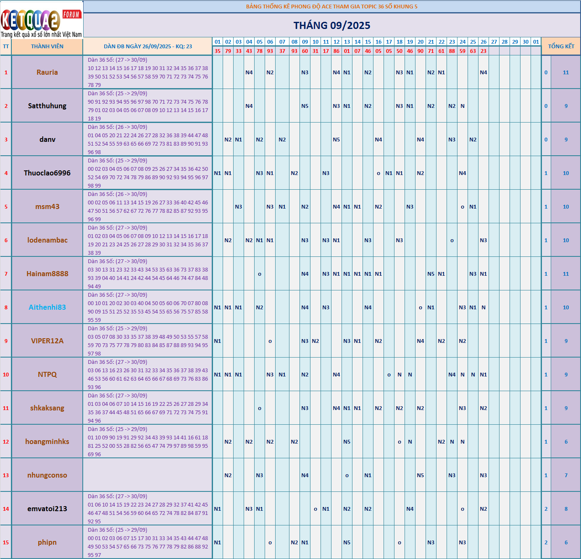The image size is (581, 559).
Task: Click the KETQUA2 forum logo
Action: click(x=41, y=19)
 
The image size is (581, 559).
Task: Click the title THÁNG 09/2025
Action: click(x=332, y=26)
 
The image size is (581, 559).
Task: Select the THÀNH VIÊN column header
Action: click(x=47, y=47)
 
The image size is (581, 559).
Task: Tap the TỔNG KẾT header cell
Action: click(x=561, y=47)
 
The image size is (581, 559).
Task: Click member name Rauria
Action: click(x=47, y=72)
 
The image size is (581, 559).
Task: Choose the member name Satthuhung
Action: click(x=47, y=106)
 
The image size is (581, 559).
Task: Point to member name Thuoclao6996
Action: click(x=47, y=173)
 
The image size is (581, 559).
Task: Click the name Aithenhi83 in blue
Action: click(x=47, y=307)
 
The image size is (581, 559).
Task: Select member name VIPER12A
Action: click(x=47, y=341)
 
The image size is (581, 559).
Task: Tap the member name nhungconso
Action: click(x=47, y=475)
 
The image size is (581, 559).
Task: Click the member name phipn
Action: click(x=47, y=542)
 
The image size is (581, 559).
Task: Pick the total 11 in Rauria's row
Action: click(x=566, y=73)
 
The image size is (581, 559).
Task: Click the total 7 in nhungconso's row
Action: click(x=566, y=475)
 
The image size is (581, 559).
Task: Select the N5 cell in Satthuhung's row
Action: click(x=305, y=106)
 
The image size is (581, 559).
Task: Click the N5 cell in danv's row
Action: click(x=337, y=140)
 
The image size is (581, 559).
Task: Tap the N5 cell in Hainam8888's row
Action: click(x=431, y=274)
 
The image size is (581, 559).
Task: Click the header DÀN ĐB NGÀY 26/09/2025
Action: click(x=148, y=47)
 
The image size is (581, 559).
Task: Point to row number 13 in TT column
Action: click(x=6, y=475)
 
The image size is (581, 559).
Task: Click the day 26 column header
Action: click(x=484, y=42)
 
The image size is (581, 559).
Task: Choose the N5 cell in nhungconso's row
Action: click(x=421, y=475)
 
